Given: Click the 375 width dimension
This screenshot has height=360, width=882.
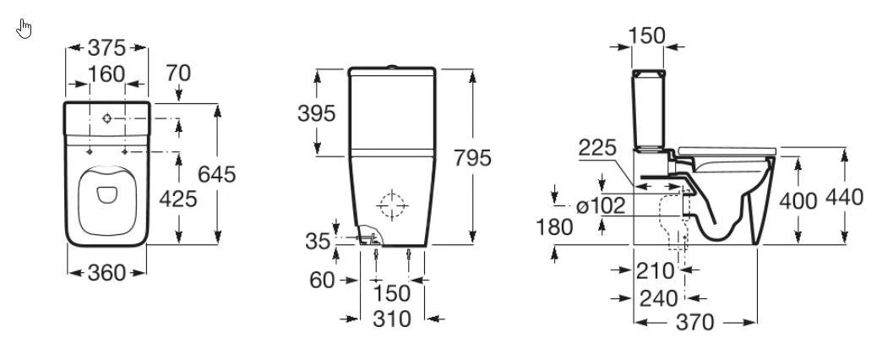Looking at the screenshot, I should [x=107, y=48].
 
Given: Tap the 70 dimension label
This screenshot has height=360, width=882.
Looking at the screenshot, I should [x=177, y=74].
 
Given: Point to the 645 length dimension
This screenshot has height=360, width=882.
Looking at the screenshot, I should [x=216, y=174].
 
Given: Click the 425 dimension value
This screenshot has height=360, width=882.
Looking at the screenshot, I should [x=178, y=199].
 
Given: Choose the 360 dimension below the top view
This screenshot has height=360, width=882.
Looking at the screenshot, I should [x=107, y=272].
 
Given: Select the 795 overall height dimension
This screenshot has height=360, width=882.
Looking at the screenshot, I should [x=470, y=158].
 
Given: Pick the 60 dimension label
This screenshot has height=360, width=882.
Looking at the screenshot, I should [x=322, y=280].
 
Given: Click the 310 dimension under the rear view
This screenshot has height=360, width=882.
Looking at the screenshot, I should [x=391, y=319].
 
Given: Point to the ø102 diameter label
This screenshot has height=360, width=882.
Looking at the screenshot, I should [x=601, y=205].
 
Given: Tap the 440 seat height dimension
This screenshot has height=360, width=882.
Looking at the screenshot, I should [x=845, y=198].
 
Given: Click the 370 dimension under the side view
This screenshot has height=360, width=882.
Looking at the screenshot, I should [x=696, y=322].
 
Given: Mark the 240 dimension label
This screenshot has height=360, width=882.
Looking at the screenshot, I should [x=660, y=297].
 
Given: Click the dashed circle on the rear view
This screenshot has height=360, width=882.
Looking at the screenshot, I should [x=392, y=205].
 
